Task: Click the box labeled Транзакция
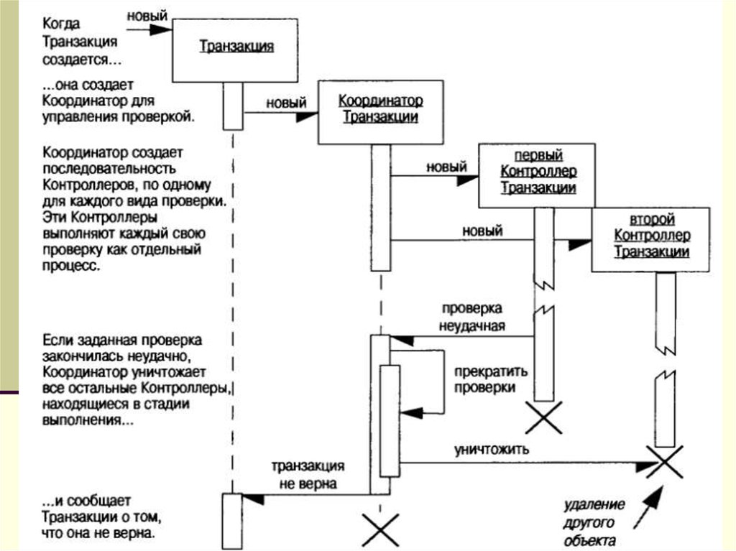[235, 48]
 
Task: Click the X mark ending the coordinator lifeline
[380, 529]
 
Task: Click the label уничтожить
[492, 450]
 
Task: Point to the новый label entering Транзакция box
[147, 15]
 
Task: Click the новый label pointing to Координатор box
[287, 103]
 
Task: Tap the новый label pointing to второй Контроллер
[482, 230]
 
